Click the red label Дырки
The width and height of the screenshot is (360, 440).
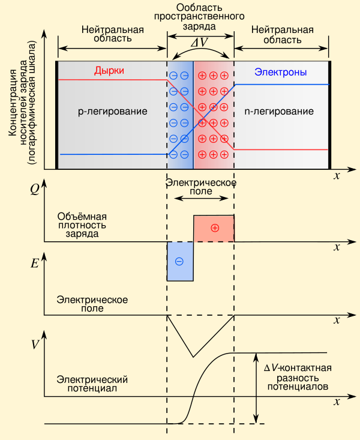[x=109, y=70]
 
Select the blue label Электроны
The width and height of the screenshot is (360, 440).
[x=280, y=72]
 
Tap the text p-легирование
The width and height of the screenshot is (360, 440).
[x=113, y=112]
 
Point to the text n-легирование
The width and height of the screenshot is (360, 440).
[x=279, y=112]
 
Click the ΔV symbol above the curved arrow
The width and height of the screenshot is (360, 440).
[x=200, y=43]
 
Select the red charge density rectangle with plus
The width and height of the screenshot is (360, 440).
[x=214, y=229]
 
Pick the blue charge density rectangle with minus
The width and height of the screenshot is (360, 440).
[x=180, y=261]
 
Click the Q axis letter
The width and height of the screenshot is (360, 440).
[x=35, y=190]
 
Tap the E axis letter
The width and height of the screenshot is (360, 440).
[x=35, y=264]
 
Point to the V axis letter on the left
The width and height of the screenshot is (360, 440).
[x=35, y=344]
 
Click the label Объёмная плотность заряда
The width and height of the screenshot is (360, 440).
[x=82, y=225]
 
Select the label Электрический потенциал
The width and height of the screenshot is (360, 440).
[x=92, y=384]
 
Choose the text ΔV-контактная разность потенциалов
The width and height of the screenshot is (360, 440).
[x=298, y=377]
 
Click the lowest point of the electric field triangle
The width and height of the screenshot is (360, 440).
[x=193, y=357]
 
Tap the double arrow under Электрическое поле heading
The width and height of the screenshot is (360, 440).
[x=201, y=199]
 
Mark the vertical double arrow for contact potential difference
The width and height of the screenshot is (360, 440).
[x=256, y=388]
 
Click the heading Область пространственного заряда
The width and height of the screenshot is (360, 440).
[x=199, y=17]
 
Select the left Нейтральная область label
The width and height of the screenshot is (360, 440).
[x=113, y=34]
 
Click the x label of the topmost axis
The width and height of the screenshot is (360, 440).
[x=337, y=176]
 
